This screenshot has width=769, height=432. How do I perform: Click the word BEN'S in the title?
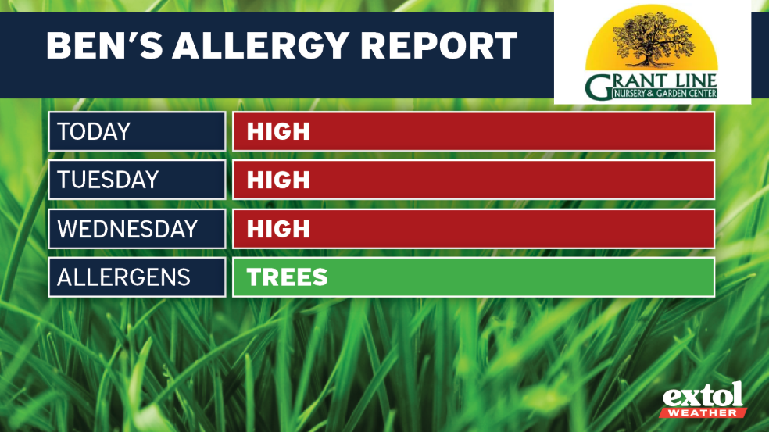[x=102, y=46]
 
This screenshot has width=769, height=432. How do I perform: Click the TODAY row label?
[x=94, y=131]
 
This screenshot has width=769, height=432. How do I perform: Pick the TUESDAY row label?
[x=108, y=180]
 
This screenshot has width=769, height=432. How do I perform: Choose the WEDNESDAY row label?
[x=127, y=229]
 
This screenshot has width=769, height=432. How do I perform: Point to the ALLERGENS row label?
[x=123, y=277]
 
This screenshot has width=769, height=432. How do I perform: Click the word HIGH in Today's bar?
[x=278, y=131]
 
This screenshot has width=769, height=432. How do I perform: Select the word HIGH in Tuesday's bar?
[x=278, y=180]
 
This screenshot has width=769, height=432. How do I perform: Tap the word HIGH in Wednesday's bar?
[x=278, y=229]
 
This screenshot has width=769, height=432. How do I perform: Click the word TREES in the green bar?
[x=287, y=277]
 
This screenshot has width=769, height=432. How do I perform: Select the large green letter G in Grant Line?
[x=599, y=88]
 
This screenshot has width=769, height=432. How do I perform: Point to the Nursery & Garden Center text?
[x=665, y=95]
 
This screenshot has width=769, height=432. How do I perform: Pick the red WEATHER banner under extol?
[x=703, y=412]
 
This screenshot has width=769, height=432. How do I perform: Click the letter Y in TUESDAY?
[x=151, y=180]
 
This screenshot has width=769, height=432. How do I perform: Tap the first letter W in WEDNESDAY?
[x=68, y=229]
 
